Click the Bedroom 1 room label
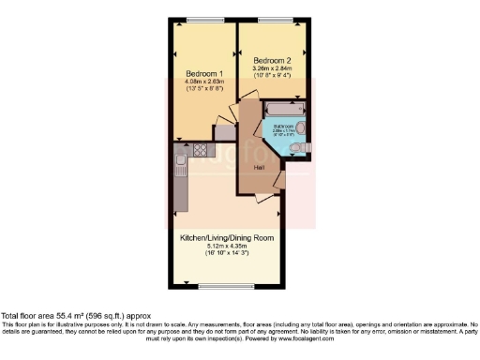tap(203, 73)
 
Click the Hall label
tap(259, 167)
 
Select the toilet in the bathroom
tap(296, 149)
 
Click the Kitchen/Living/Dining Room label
tap(226, 238)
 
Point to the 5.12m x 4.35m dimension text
tap(226, 247)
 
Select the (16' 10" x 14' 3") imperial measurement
tap(226, 254)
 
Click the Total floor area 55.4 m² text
tap(75, 316)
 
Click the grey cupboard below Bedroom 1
tap(225, 133)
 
